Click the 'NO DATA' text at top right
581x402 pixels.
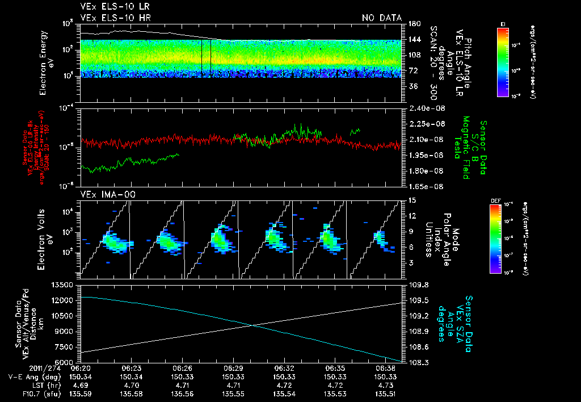[x=382, y=18]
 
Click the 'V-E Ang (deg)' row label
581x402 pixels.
[x=28, y=376]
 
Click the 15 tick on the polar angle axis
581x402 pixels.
[x=411, y=200]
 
